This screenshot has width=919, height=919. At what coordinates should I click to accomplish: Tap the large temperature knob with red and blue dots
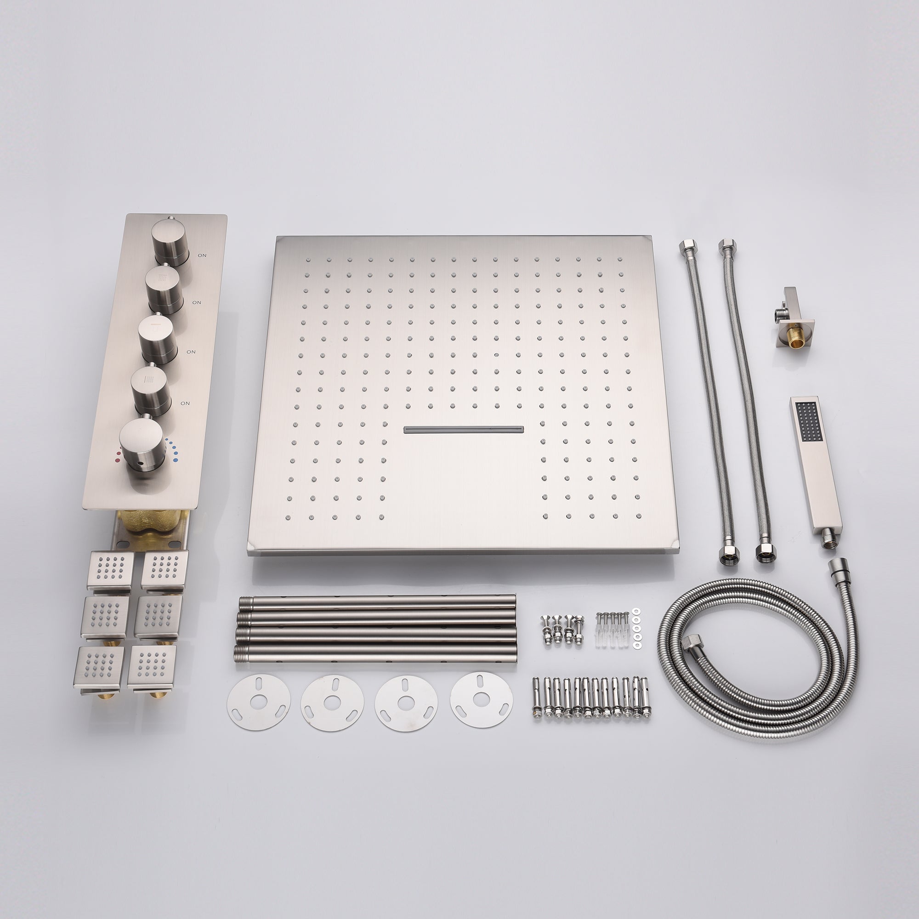141,445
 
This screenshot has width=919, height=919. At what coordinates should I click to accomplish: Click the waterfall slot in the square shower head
463,430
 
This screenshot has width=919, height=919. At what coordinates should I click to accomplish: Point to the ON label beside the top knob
202,255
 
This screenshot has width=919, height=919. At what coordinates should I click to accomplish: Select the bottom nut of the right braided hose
766,556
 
